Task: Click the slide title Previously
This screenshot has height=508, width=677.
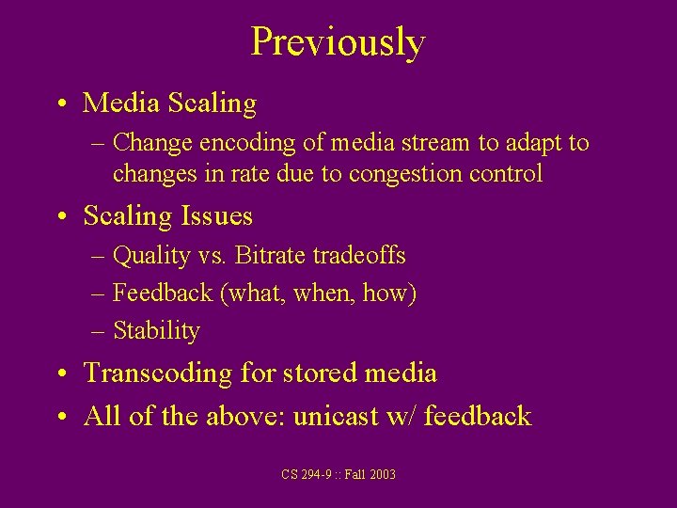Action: point(338,42)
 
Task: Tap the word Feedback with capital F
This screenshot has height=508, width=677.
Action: point(163,293)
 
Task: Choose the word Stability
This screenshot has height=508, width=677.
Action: point(156,331)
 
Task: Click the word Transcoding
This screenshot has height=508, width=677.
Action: point(158,373)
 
